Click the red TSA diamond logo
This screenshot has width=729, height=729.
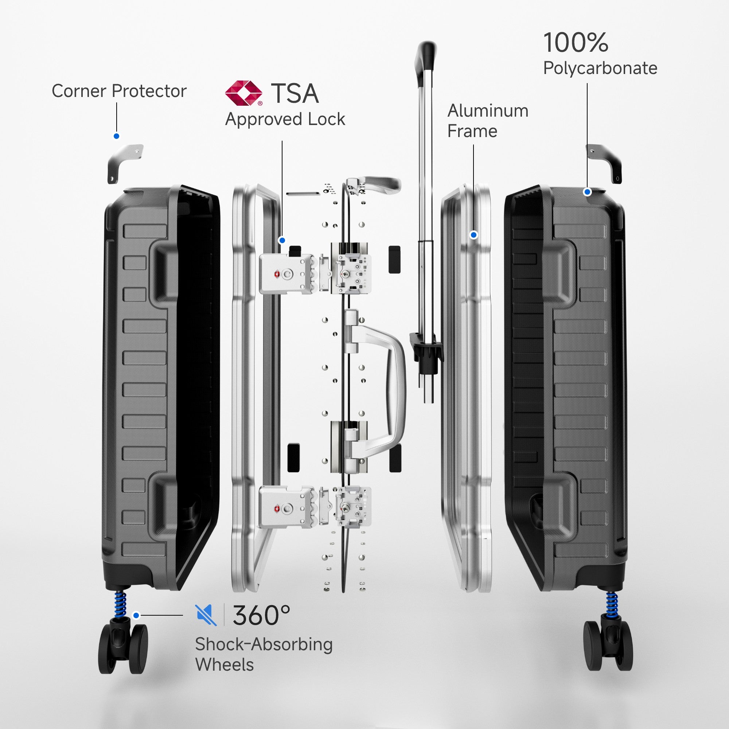(x=243, y=93)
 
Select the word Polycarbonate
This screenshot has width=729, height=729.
(x=600, y=68)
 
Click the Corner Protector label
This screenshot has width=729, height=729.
(x=119, y=91)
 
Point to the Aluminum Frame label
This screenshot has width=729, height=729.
(x=487, y=121)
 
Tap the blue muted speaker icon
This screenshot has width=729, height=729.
(x=206, y=615)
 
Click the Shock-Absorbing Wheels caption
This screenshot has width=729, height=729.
(x=264, y=654)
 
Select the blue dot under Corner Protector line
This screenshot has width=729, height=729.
(x=117, y=136)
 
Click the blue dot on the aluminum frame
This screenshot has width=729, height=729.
(x=473, y=235)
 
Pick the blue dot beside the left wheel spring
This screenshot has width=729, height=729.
(x=136, y=615)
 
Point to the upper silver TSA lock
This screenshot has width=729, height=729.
(x=286, y=274)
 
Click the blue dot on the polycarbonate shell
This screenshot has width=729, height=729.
(x=587, y=192)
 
